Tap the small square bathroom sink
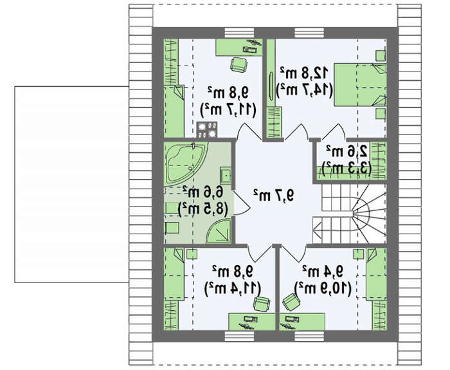pyautogui.click(x=226, y=176)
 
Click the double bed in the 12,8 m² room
pyautogui.click(x=360, y=85)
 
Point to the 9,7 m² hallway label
pyautogui.click(x=274, y=196)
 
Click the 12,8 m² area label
pyautogui.click(x=305, y=73)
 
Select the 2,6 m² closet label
pyautogui.click(x=347, y=151)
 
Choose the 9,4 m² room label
pyautogui.click(x=323, y=272)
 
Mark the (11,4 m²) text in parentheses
pyautogui.click(x=233, y=288)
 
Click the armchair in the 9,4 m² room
pyautogui.click(x=291, y=302)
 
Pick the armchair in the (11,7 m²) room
pyautogui.click(x=239, y=64)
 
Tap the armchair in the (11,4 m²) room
pyautogui.click(x=262, y=304)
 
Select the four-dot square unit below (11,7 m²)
pyautogui.click(x=206, y=130)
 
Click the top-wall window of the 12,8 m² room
pyautogui.click(x=309, y=33)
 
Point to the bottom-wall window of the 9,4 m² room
pyautogui.click(x=309, y=336)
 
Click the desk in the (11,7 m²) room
pyautogui.click(x=239, y=47)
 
